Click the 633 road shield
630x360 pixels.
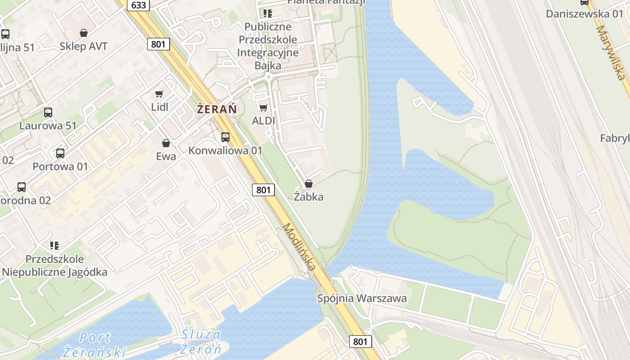point(139,4)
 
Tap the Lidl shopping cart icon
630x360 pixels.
point(159,94)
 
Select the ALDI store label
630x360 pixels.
point(263,121)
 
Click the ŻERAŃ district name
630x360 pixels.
point(217,109)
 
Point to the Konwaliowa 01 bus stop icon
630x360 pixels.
point(225,137)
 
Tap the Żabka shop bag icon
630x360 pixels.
point(308,184)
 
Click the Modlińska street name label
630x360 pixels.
point(299,247)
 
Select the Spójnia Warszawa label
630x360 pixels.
point(362,298)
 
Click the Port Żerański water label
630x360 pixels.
point(94,344)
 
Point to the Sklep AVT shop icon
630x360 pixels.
point(84,33)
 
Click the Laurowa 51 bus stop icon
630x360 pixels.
point(48,112)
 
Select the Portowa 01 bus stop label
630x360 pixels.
point(60,166)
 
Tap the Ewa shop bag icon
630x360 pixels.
point(166,143)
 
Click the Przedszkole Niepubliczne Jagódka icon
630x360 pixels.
point(54,246)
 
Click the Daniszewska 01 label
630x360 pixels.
point(584,13)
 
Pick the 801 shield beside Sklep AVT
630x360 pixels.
point(158,44)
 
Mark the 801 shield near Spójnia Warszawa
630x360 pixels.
point(360,342)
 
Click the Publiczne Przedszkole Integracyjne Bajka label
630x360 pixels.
point(268,46)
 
